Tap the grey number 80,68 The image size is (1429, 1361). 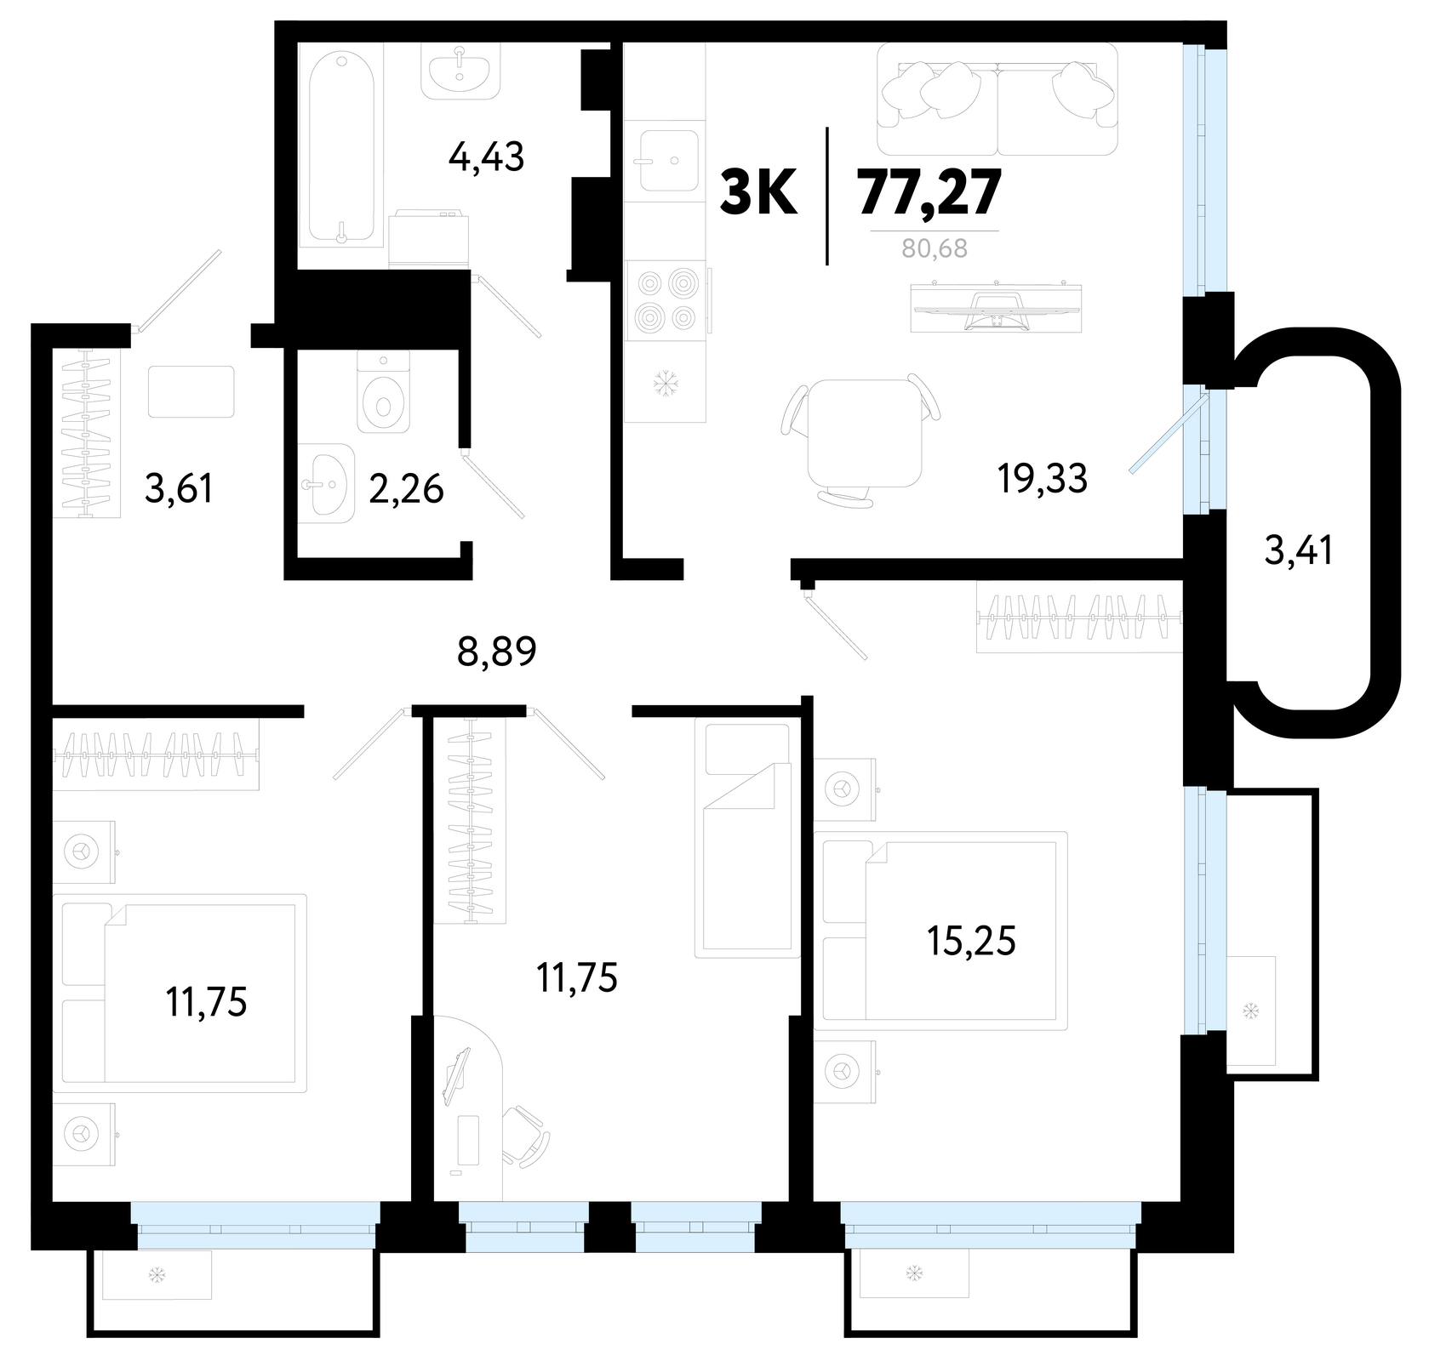[x=935, y=250]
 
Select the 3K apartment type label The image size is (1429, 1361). [x=758, y=193]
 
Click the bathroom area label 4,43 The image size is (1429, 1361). [x=486, y=157]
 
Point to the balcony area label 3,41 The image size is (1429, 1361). [x=1298, y=551]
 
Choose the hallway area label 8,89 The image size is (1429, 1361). [x=497, y=652]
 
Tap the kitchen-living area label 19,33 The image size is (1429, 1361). [x=1042, y=480]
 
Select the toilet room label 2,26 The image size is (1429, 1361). [x=406, y=490]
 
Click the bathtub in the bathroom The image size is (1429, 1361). [x=340, y=148]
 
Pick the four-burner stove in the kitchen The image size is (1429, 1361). [x=666, y=300]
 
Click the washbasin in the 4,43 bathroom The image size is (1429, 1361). [x=460, y=67]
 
